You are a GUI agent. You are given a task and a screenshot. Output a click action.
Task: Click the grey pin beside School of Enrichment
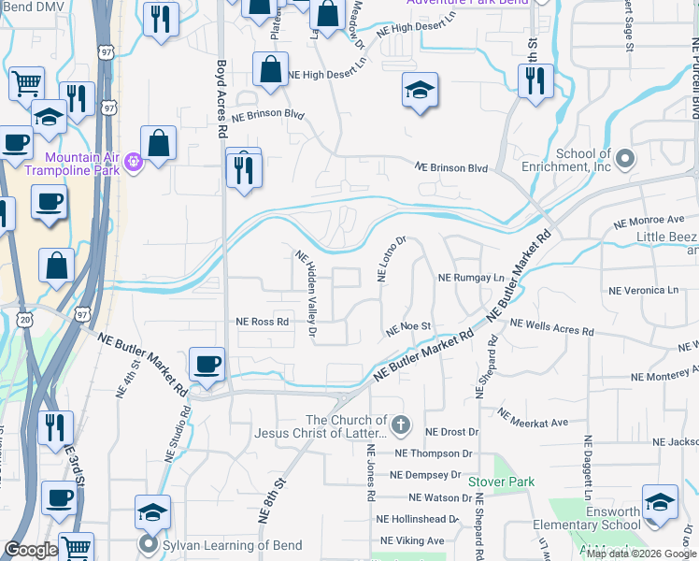625,156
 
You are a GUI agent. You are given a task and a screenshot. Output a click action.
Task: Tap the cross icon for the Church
401,426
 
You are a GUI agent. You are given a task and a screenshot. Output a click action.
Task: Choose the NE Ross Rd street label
263,321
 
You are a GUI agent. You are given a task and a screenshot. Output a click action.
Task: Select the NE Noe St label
407,328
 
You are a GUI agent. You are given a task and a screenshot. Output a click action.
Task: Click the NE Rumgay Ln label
471,279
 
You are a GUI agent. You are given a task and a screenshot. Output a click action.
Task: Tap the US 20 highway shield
22,321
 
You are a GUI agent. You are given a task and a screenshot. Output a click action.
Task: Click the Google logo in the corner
31,551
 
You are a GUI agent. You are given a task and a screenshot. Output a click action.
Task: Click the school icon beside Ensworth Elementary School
660,502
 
